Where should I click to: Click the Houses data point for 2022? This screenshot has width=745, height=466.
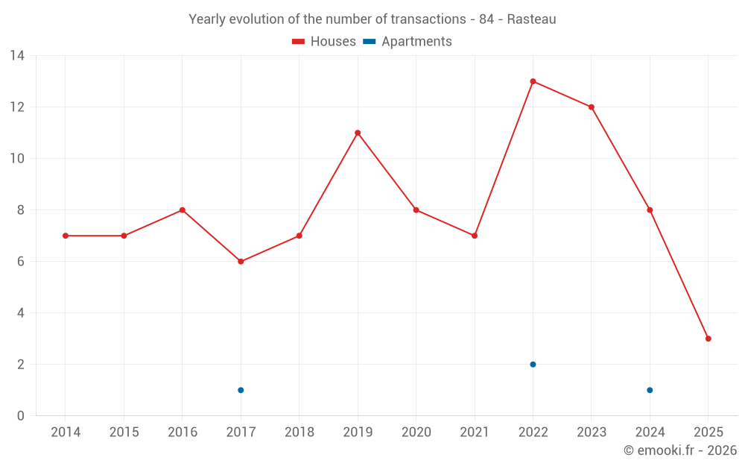click(533, 81)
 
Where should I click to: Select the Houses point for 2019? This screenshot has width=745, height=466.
click(358, 133)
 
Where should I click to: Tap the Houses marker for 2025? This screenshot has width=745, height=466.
click(708, 339)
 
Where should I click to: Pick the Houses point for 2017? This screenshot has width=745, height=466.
click(241, 262)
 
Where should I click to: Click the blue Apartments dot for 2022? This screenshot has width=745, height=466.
click(533, 365)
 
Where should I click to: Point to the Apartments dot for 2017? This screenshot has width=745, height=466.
click(241, 390)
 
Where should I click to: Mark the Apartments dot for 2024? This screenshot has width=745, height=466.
click(650, 390)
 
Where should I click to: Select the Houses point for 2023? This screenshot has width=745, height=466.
click(592, 107)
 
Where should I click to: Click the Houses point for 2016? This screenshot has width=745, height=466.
click(183, 210)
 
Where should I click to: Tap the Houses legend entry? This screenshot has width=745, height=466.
click(324, 42)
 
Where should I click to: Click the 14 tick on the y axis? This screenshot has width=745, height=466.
click(16, 56)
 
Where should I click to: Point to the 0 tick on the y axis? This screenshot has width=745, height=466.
click(20, 416)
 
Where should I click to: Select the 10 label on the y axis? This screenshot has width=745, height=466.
click(16, 159)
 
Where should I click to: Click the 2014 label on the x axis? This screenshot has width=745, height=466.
click(66, 432)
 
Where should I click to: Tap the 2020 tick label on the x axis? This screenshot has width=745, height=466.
click(416, 432)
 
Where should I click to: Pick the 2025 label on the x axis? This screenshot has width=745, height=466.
click(708, 432)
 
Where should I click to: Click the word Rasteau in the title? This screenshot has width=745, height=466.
click(531, 19)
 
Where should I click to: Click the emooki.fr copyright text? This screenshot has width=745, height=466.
click(680, 450)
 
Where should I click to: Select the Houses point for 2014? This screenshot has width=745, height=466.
click(66, 236)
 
